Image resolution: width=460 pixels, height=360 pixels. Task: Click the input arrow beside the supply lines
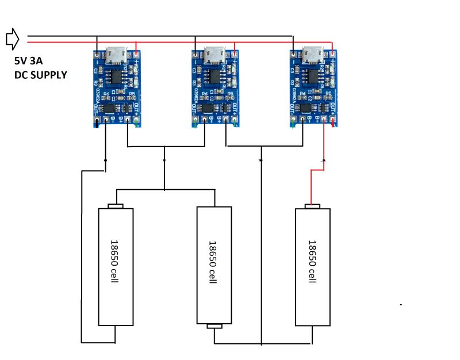(x=12, y=39)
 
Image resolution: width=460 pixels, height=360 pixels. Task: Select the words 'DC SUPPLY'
(x=40, y=75)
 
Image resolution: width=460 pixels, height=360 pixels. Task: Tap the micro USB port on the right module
(x=312, y=55)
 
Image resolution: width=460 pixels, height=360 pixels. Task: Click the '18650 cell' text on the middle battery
(x=213, y=262)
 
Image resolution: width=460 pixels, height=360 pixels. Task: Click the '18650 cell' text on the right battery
(x=312, y=262)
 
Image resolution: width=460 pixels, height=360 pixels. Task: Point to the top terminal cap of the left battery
(x=116, y=206)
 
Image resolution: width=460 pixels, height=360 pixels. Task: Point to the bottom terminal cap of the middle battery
(x=214, y=327)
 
